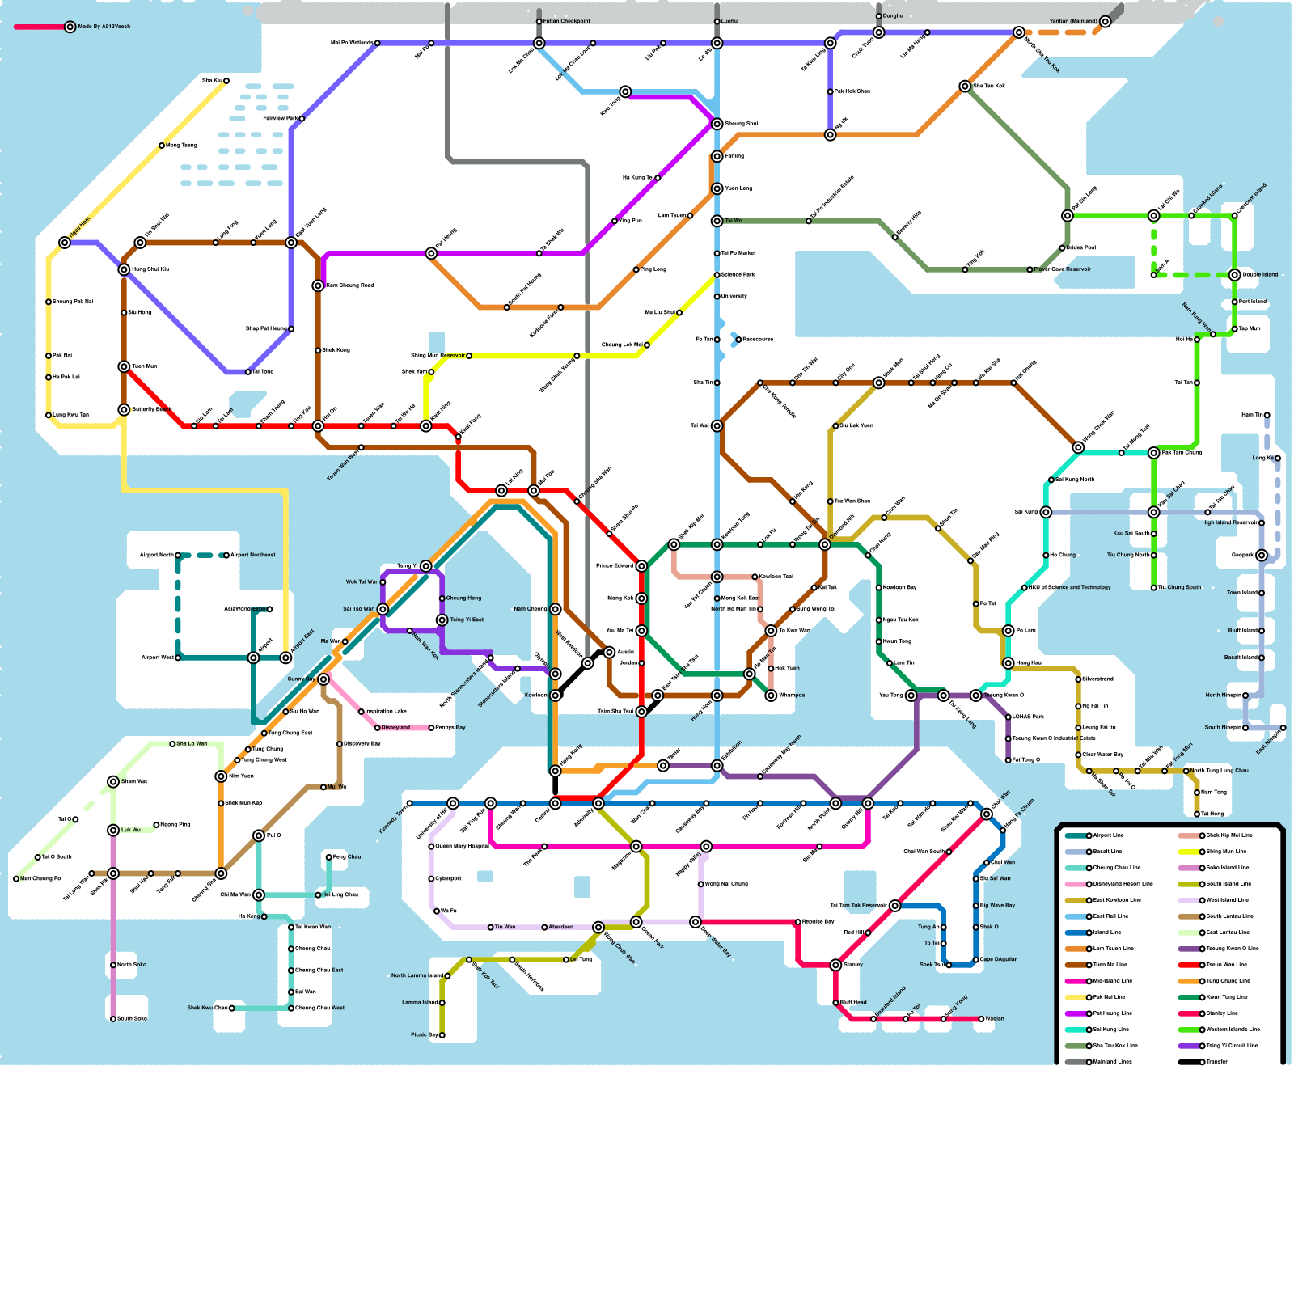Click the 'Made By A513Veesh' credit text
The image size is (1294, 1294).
coord(104,27)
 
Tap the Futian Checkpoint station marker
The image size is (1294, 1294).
coord(539,21)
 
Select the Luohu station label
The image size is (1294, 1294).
coord(729,21)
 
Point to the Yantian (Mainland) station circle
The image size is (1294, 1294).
coord(1105,21)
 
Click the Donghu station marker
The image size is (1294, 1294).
coord(878,16)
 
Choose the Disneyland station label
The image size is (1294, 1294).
coord(395,727)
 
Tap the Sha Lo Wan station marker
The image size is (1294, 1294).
coord(172,743)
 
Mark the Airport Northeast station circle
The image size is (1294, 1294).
coord(226,555)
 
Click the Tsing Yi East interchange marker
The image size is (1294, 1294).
coord(442,620)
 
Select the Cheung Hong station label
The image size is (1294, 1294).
coord(463,598)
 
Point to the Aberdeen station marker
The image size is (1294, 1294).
coord(544,927)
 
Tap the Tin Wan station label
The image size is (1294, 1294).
coord(505,927)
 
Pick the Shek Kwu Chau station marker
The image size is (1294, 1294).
coord(231,1008)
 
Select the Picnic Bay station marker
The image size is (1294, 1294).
coord(442,1034)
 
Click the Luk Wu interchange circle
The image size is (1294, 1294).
coord(113,830)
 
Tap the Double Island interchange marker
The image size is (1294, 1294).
coord(1234,275)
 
